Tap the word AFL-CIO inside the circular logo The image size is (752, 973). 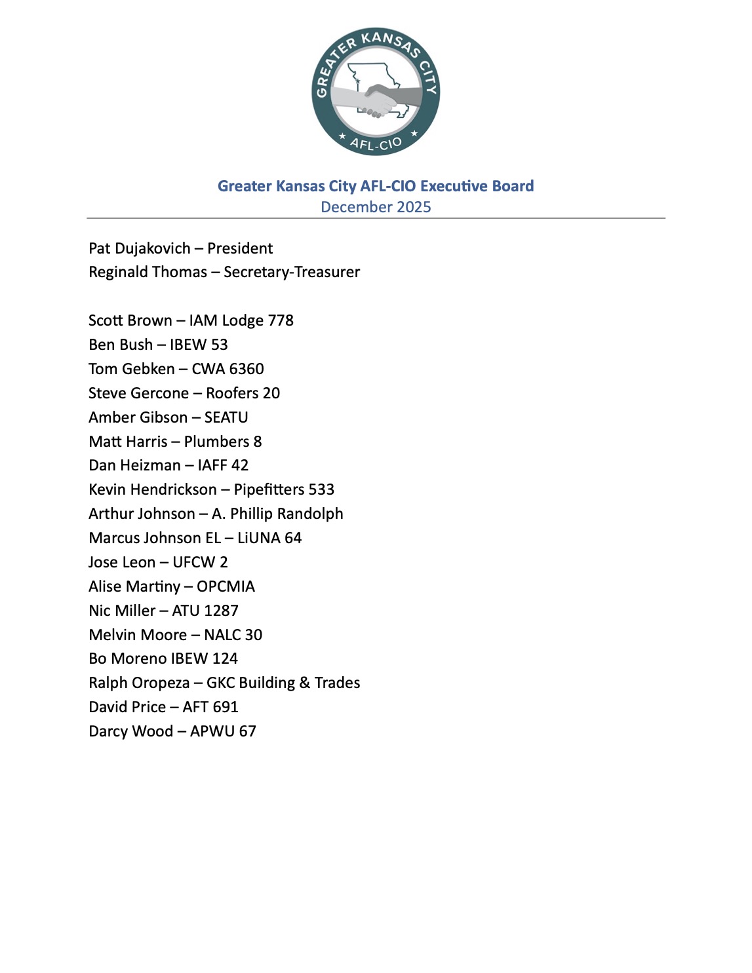tap(376, 143)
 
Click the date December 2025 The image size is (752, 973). tap(376, 207)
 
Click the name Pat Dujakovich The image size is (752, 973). tap(140, 248)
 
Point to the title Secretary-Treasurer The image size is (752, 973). tap(292, 272)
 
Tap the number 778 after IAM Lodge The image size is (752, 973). tap(281, 320)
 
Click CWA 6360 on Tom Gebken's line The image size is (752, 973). tap(228, 369)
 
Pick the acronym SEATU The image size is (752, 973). tap(226, 417)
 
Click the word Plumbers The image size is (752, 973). tap(216, 442)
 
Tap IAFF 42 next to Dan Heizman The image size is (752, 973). tap(223, 465)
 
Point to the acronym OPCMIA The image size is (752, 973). tap(226, 586)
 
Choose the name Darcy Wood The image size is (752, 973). tap(130, 731)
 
